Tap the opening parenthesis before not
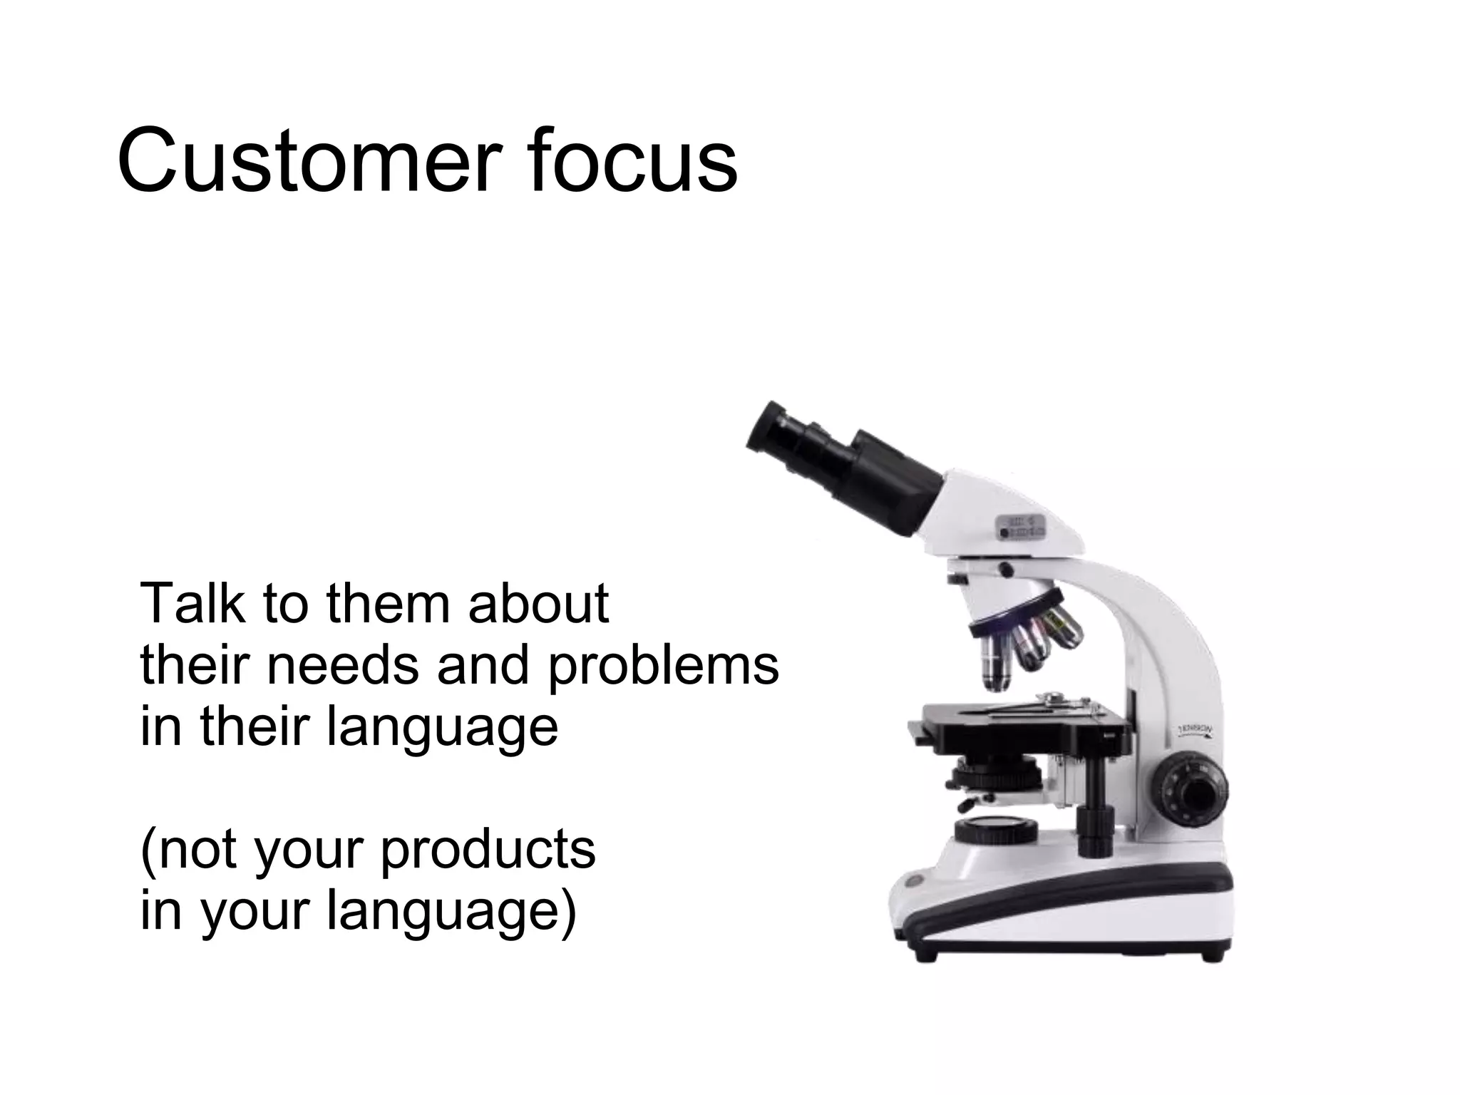(148, 852)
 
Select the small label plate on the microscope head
(1021, 525)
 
